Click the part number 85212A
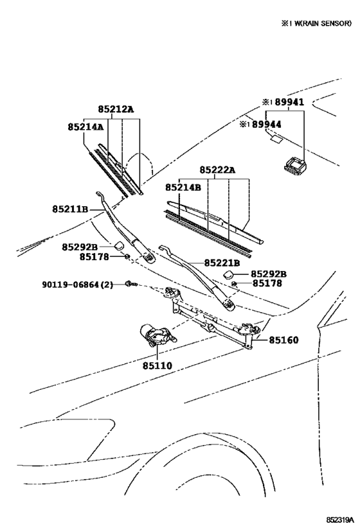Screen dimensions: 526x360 116,109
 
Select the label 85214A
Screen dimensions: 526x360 85,127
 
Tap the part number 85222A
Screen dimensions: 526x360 217,170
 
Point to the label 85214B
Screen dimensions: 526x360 183,188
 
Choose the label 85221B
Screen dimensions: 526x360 222,263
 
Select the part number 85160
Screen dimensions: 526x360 283,339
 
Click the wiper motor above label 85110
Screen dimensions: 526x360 154,334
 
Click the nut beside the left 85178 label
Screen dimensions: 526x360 127,257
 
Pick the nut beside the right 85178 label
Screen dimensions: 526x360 236,283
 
